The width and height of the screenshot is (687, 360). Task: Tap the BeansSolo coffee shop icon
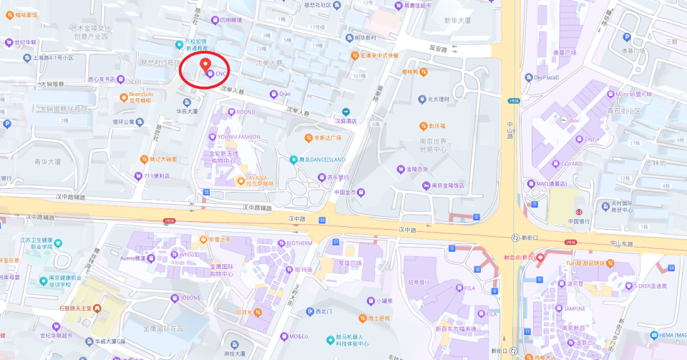[123, 96]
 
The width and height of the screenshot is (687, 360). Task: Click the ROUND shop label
[245, 112]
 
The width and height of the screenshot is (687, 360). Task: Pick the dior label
[573, 120]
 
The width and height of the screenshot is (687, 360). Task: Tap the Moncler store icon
[610, 94]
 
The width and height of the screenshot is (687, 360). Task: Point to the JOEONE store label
[191, 297]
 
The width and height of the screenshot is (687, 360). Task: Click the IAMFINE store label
[574, 308]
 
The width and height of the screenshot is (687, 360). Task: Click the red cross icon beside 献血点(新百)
[540, 257]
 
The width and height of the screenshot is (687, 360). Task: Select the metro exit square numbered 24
[671, 268]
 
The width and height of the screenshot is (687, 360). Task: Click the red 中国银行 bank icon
[579, 212]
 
